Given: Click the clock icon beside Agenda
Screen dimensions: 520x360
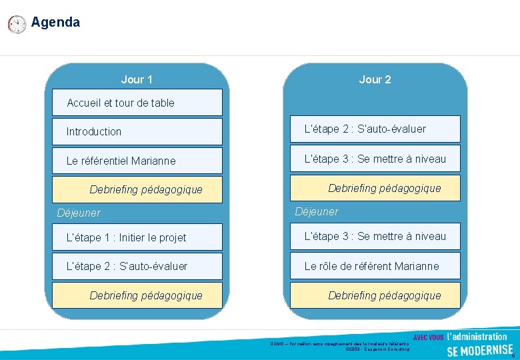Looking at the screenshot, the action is click(x=17, y=25).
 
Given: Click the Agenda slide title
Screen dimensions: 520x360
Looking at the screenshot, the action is click(x=55, y=22).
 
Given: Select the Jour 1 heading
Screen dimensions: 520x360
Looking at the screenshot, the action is click(x=137, y=79).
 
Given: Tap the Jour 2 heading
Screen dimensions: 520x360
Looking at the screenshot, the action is click(x=375, y=79).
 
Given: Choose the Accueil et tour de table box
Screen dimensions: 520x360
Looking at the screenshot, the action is click(x=137, y=103).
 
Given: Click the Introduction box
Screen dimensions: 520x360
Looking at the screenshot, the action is click(x=137, y=131).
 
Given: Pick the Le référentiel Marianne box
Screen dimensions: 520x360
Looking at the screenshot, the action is click(x=137, y=161).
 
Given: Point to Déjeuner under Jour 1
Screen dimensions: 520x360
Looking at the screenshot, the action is click(x=79, y=213).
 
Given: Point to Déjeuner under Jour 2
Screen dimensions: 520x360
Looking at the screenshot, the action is click(x=317, y=211).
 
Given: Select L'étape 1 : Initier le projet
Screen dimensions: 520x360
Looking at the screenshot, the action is click(x=137, y=237).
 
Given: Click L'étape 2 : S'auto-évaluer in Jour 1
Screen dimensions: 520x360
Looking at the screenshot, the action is click(x=137, y=266).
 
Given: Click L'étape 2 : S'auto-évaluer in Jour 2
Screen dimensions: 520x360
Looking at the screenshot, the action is click(x=375, y=129).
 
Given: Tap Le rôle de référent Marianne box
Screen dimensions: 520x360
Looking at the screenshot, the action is click(x=375, y=266).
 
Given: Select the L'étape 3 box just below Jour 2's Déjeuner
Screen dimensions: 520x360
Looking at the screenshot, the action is click(x=375, y=236).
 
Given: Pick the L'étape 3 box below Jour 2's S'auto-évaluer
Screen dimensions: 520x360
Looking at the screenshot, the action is click(x=375, y=159).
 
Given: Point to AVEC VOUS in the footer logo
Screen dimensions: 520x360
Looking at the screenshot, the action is click(x=428, y=337).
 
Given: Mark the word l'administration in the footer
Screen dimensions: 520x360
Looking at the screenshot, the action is click(x=477, y=336).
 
